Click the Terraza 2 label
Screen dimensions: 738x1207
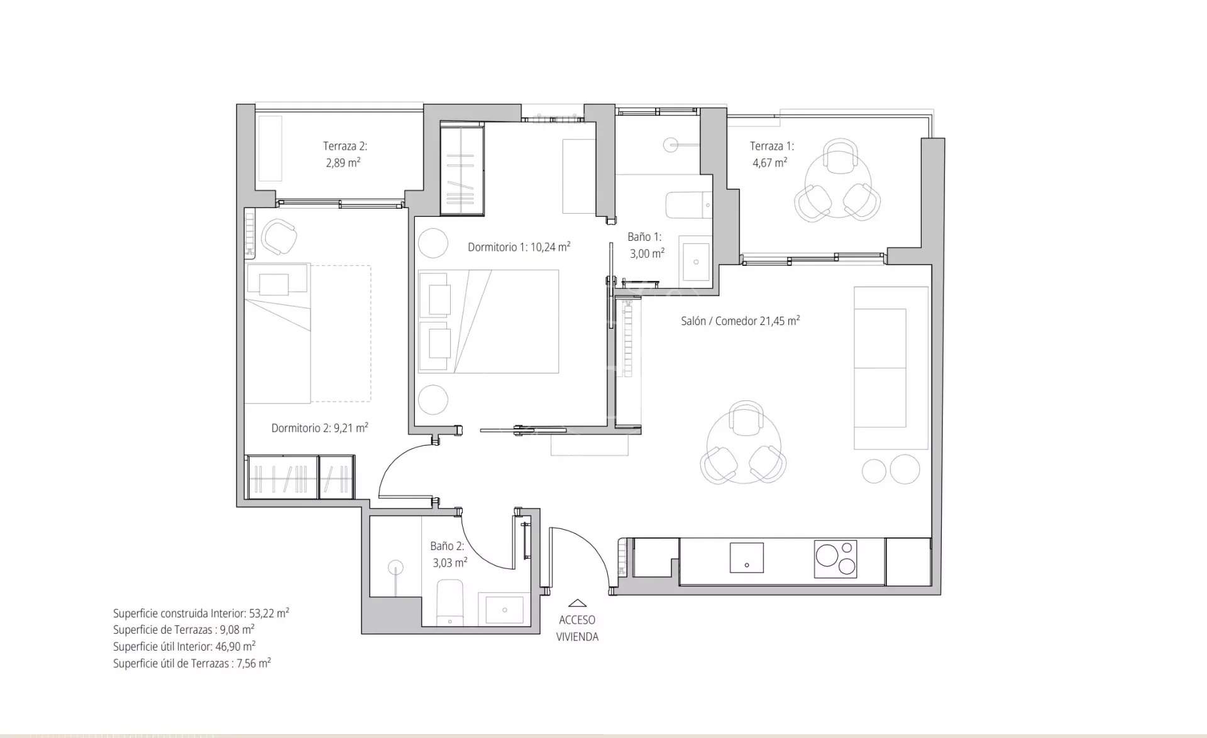coord(344,146)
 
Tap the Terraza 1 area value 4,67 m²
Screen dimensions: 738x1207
coord(769,163)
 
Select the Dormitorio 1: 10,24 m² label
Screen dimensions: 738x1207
coord(519,247)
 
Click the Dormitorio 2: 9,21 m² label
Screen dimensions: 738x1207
coord(319,428)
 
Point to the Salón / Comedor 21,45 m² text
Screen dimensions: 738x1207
coord(740,321)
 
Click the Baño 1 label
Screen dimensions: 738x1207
coord(644,237)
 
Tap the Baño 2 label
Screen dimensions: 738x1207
coord(446,546)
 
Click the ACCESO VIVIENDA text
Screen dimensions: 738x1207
coord(576,628)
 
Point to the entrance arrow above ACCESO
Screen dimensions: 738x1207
coord(576,603)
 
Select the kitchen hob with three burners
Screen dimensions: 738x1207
coord(835,558)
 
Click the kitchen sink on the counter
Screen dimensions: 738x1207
coord(746,558)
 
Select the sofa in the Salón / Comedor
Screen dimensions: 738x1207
coord(890,368)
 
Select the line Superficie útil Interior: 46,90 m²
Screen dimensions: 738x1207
coord(184,646)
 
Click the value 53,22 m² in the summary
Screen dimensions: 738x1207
coord(268,613)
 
